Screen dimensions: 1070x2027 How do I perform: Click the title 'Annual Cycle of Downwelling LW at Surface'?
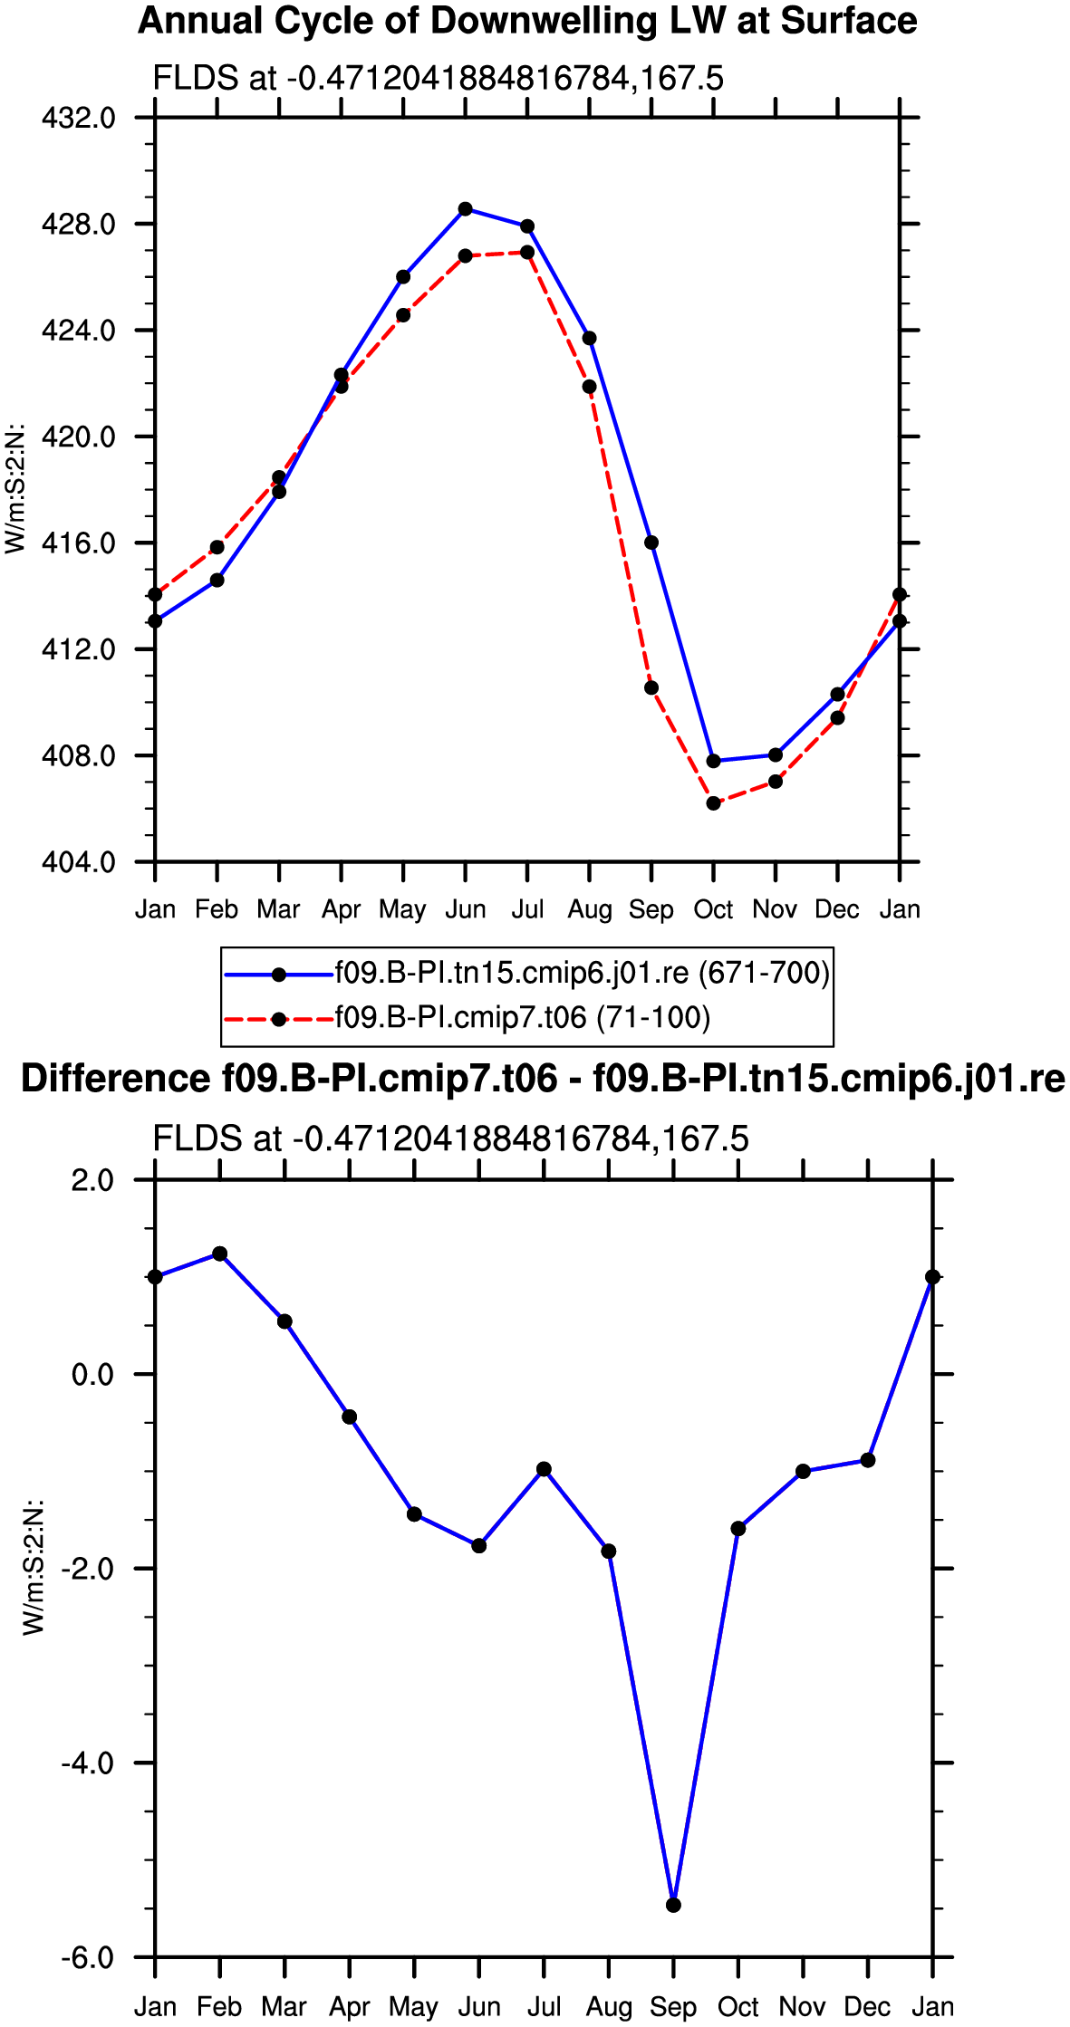(x=527, y=21)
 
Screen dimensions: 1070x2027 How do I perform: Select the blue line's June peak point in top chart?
(x=465, y=209)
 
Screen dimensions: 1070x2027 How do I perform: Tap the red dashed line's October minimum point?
(x=713, y=803)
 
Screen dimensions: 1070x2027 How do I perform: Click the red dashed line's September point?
(x=651, y=688)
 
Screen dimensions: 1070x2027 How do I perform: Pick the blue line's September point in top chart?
(x=651, y=543)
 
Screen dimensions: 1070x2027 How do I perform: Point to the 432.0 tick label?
(x=79, y=118)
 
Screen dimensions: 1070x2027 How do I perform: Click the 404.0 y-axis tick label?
(x=79, y=861)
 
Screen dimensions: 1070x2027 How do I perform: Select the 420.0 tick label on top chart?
(x=79, y=437)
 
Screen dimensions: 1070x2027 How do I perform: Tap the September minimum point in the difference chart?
(x=673, y=1906)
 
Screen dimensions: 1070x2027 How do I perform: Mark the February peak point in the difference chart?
(x=219, y=1254)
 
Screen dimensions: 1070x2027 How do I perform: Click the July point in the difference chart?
(x=544, y=1469)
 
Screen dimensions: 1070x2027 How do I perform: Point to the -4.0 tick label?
(x=88, y=1763)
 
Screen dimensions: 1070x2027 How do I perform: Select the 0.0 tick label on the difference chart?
(x=92, y=1374)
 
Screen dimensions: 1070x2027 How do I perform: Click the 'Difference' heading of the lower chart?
(x=115, y=1079)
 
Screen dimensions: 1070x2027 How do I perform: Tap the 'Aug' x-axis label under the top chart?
(x=590, y=909)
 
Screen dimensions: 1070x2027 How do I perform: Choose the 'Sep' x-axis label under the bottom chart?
(x=673, y=2007)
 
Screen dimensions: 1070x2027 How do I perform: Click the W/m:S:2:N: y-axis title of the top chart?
(x=15, y=489)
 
